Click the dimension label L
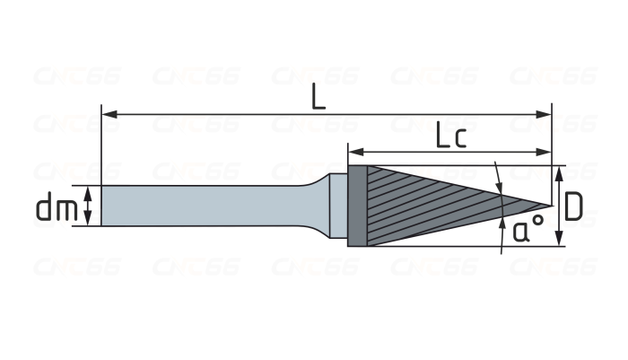pos(318,98)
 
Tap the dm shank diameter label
pos(57,206)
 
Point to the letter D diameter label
pos(573,206)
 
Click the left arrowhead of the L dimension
pos(109,115)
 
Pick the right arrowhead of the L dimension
pos(544,115)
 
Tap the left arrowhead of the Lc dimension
pos(355,152)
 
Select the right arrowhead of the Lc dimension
pos(544,152)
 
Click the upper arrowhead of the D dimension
pos(560,173)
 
